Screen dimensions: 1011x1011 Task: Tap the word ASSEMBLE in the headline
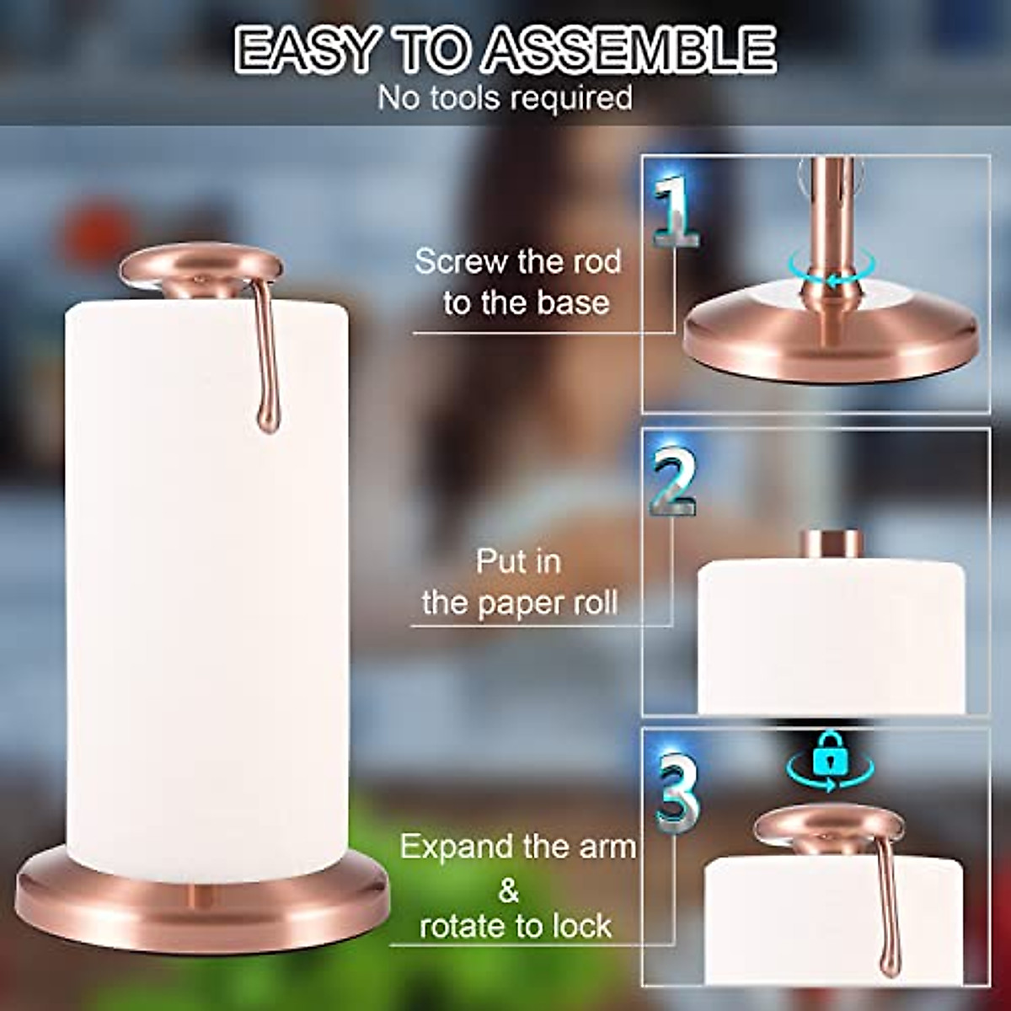click(629, 51)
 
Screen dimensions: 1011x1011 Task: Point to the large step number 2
click(674, 482)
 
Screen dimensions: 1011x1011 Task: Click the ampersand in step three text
click(509, 890)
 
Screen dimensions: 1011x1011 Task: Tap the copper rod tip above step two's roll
click(830, 543)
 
